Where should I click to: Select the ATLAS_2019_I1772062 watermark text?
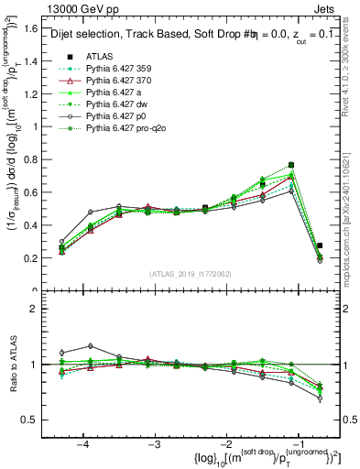point(189,274)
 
